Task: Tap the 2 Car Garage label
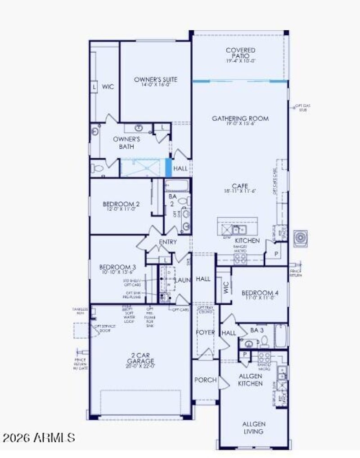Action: pyautogui.click(x=141, y=361)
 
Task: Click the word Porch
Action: pyautogui.click(x=205, y=380)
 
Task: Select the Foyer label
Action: pyautogui.click(x=205, y=332)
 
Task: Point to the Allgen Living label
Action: pyautogui.click(x=254, y=427)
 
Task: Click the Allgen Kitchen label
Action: pyautogui.click(x=250, y=379)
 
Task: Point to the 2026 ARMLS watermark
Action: pyautogui.click(x=39, y=437)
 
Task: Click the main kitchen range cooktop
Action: pyautogui.click(x=239, y=258)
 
